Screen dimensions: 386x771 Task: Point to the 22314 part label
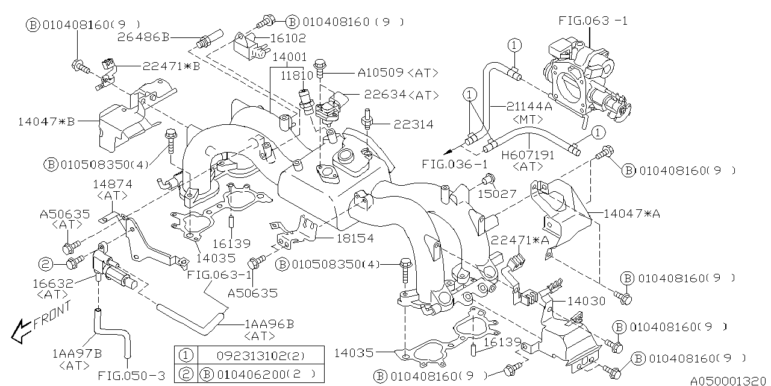click(414, 125)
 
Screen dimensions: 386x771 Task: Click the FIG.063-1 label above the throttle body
click(593, 21)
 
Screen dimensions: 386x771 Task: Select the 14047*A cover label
click(631, 213)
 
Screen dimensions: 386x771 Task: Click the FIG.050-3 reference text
click(132, 375)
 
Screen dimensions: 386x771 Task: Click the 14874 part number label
click(113, 183)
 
